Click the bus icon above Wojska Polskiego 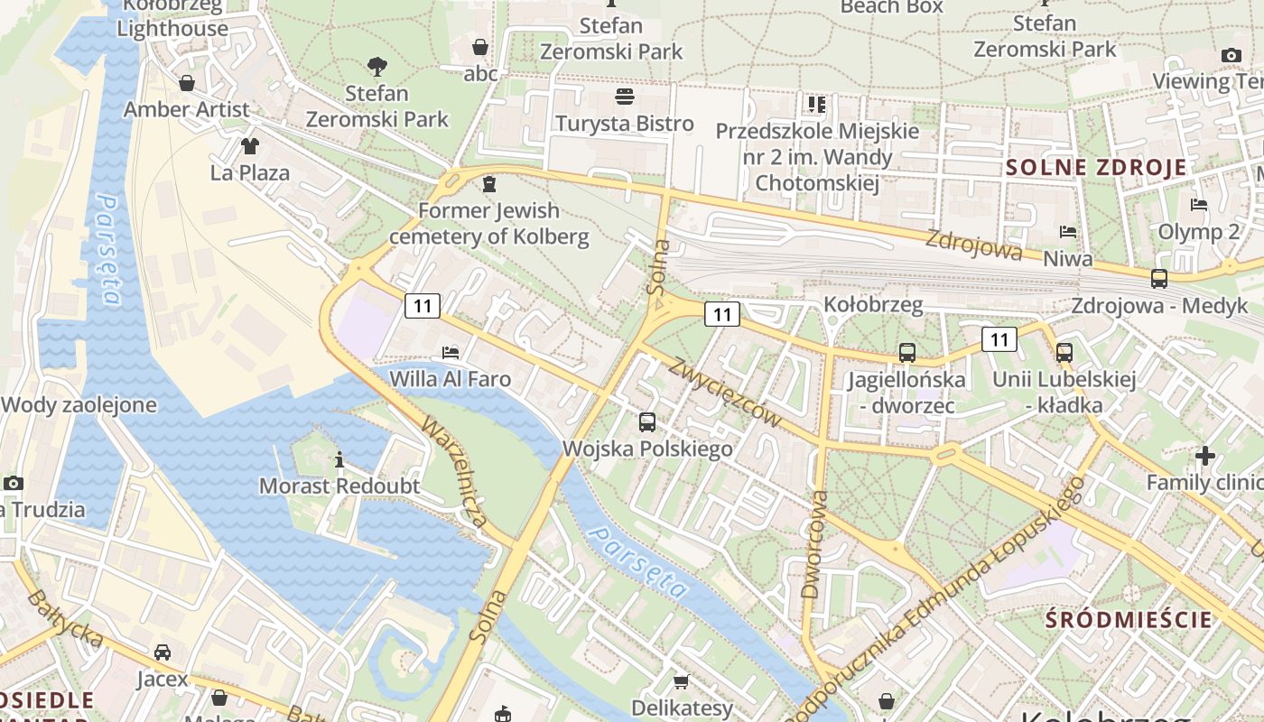tap(647, 421)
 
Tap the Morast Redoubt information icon tap(339, 460)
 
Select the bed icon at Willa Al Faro tap(451, 352)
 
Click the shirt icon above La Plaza tap(249, 145)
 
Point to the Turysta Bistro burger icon tap(625, 96)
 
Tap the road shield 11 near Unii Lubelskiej tap(999, 339)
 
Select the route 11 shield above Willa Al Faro tap(423, 306)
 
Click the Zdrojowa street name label tap(974, 245)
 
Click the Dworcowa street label tap(813, 544)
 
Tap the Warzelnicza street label tap(455, 472)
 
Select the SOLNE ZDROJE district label tap(1096, 167)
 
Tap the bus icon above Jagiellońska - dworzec tap(907, 353)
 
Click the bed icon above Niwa tap(1068, 232)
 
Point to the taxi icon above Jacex tap(163, 652)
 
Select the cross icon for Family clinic tap(1204, 456)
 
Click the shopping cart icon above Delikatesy tap(682, 681)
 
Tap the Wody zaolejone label tap(79, 405)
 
